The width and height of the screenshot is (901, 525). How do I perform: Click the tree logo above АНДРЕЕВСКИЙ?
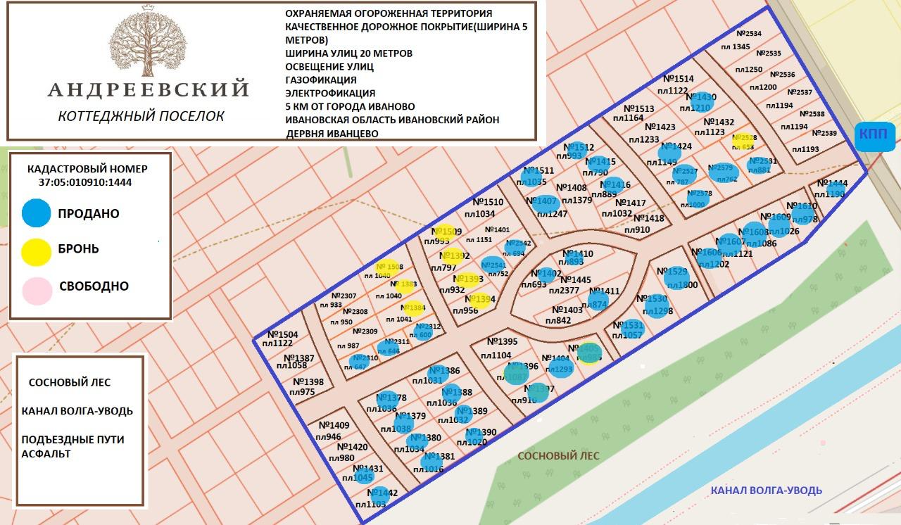149,42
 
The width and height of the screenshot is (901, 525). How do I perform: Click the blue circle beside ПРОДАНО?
36,213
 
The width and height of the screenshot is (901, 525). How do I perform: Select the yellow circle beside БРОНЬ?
36,251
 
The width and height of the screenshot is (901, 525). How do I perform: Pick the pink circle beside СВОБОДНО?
36,289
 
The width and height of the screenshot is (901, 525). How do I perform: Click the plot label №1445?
576,279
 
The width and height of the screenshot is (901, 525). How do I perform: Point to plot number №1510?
488,202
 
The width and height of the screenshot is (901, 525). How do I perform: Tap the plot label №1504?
283,334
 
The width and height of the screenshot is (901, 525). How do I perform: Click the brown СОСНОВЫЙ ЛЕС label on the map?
558,455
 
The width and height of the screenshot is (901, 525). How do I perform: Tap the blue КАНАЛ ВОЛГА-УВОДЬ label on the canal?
766,491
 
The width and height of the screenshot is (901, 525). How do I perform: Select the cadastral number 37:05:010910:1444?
85,182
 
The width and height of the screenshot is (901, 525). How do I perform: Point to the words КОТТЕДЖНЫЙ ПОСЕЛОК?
141,116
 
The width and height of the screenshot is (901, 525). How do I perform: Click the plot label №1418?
648,218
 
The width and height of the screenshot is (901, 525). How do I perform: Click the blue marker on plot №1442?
378,494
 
